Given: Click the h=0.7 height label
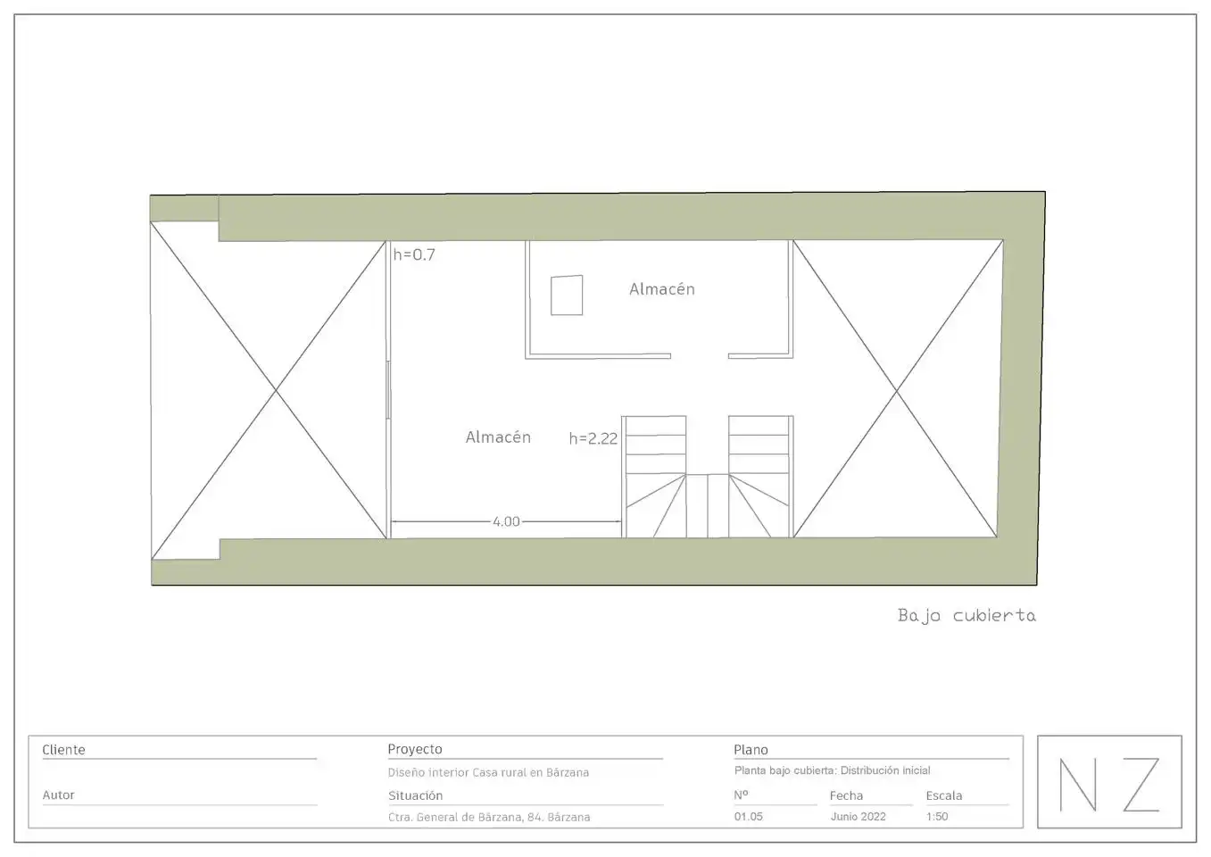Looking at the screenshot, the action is pyautogui.click(x=414, y=254).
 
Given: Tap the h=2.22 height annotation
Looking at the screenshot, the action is pyautogui.click(x=593, y=438).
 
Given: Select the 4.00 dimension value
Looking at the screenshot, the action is pyautogui.click(x=506, y=521).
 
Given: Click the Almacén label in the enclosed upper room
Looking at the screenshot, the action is pyautogui.click(x=662, y=288).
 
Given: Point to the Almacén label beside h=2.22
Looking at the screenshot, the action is pyautogui.click(x=498, y=437).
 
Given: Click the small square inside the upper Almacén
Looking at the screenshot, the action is pyautogui.click(x=567, y=295).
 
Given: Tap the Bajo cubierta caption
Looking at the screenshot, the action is pyautogui.click(x=966, y=616).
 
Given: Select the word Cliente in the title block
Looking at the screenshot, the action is pyautogui.click(x=63, y=750).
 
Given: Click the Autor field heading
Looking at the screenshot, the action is pyautogui.click(x=58, y=795).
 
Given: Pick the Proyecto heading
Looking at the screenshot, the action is pyautogui.click(x=415, y=749).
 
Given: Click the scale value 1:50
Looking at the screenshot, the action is pyautogui.click(x=937, y=817).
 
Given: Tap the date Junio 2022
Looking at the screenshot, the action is pyautogui.click(x=858, y=817).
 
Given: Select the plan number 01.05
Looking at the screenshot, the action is pyautogui.click(x=748, y=817).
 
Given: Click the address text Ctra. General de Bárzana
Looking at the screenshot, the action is pyautogui.click(x=456, y=817).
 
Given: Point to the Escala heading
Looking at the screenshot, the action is pyautogui.click(x=944, y=795).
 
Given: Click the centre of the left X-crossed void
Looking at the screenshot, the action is pyautogui.click(x=277, y=390).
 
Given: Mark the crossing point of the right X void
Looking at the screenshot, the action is pyautogui.click(x=896, y=390).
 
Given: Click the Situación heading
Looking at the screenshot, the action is pyautogui.click(x=415, y=795).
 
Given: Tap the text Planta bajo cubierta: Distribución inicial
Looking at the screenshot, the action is pyautogui.click(x=832, y=770).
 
